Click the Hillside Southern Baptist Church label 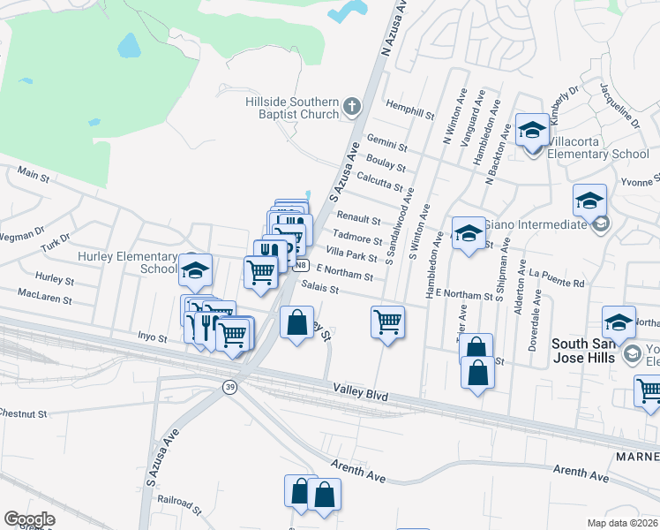point(292,108)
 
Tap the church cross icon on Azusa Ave point(352,108)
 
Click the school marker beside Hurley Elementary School point(195,271)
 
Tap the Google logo point(29,519)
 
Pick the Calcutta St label point(379,182)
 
